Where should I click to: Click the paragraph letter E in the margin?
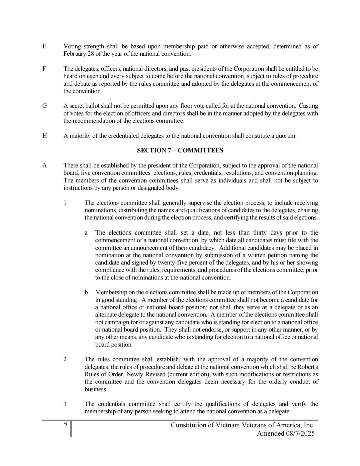coord(44,47)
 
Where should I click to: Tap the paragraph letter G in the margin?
coord(44,106)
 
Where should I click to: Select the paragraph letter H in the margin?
coord(44,136)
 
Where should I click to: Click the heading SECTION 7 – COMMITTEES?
coord(180,150)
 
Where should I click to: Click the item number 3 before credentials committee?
coord(65,404)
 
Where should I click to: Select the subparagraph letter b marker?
coord(86,293)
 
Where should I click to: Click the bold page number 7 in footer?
coord(66,425)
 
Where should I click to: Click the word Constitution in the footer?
coord(189,425)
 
